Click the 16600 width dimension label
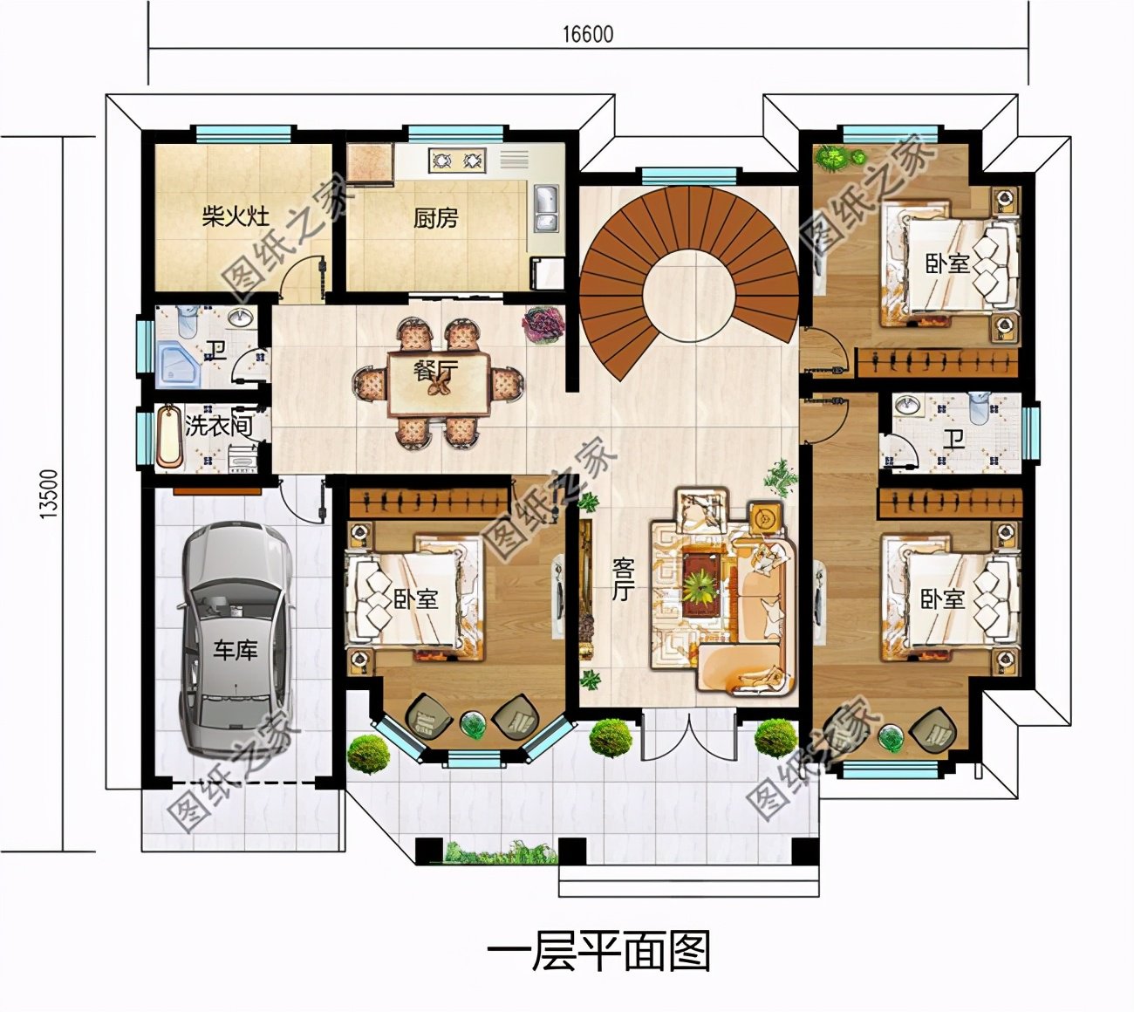click(587, 34)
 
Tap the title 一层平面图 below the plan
click(598, 952)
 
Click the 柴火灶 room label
click(236, 215)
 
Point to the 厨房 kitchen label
click(435, 217)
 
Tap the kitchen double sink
click(545, 209)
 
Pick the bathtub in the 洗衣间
click(168, 434)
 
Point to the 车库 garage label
click(236, 650)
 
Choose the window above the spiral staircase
click(689, 175)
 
